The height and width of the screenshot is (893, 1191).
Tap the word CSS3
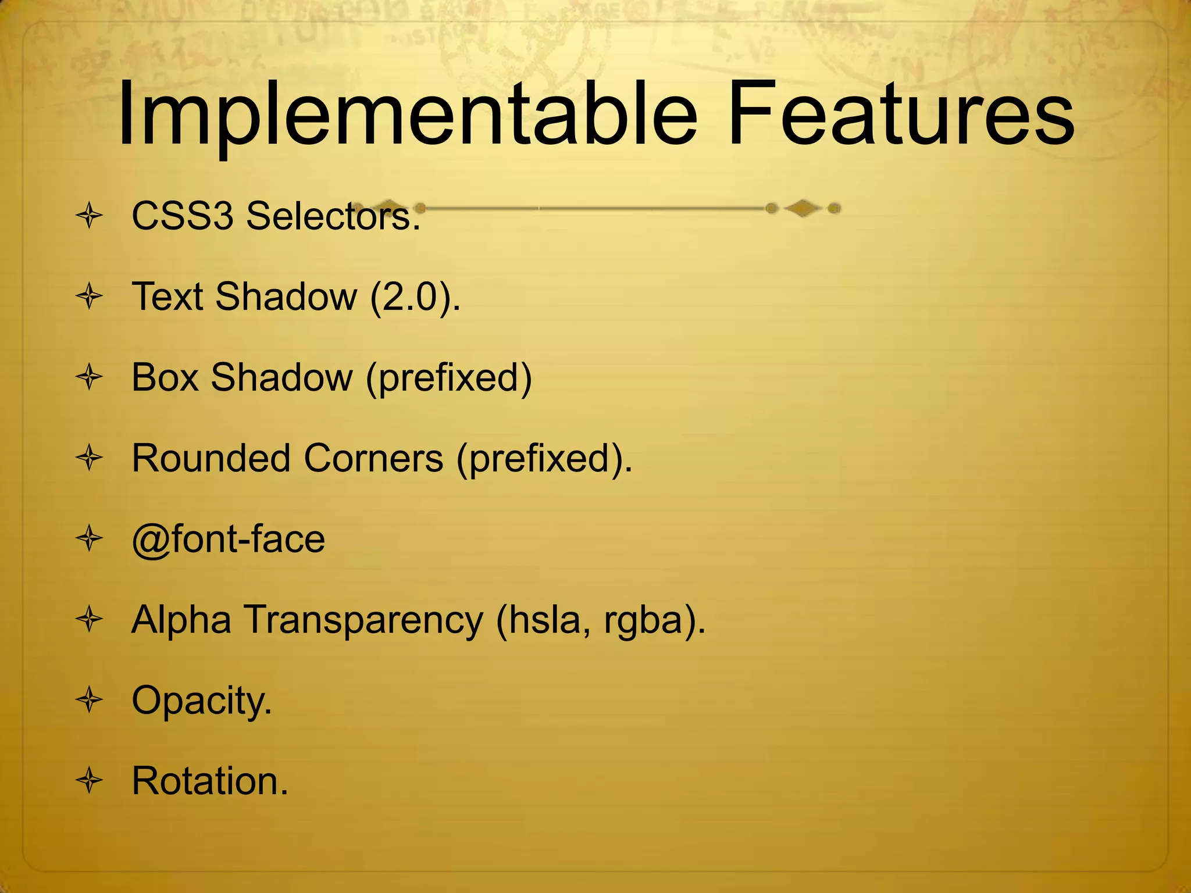(x=182, y=216)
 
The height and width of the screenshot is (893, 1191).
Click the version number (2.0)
(x=414, y=297)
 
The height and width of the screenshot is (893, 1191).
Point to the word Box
(x=165, y=377)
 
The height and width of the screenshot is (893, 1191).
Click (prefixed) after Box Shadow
(x=449, y=378)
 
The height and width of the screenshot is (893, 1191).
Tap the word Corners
(x=373, y=458)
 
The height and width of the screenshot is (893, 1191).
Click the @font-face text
(x=229, y=540)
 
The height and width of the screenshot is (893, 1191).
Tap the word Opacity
(x=201, y=701)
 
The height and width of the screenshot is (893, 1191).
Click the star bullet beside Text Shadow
(x=90, y=297)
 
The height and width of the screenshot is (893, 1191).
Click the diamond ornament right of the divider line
(x=803, y=208)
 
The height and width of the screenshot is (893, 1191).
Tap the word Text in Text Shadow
(x=167, y=297)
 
